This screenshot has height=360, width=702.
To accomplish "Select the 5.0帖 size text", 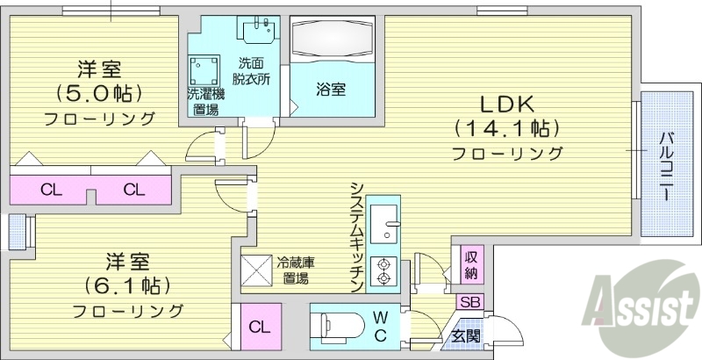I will (x=98, y=92).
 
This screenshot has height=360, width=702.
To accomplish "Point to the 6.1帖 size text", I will (x=127, y=286).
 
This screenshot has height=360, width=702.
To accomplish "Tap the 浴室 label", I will (x=331, y=89).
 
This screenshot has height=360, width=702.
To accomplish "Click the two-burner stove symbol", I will (x=384, y=271).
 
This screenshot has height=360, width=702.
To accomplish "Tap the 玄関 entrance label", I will (x=466, y=337).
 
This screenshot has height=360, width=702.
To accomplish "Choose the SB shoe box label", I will (x=470, y=302).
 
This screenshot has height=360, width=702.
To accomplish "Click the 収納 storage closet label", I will (x=472, y=263).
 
